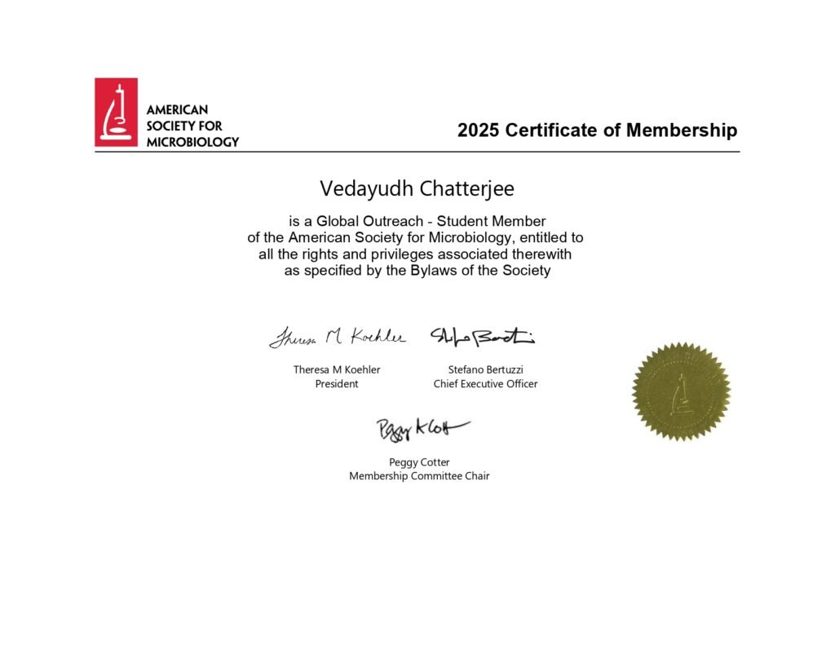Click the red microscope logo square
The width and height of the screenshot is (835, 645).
[116, 113]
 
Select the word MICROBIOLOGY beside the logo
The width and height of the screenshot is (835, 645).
[192, 142]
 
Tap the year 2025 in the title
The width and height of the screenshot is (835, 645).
[479, 130]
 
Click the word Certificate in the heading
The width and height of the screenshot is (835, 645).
[549, 130]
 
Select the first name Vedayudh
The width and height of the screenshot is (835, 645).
[366, 188]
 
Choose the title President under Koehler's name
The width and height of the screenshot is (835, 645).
[337, 384]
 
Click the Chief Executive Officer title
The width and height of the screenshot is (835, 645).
[485, 384]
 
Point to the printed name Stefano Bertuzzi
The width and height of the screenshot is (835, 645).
[485, 369]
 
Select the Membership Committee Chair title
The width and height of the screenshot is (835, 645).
[419, 476]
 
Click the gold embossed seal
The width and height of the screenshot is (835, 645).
[681, 392]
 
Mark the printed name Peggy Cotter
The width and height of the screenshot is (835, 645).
[419, 462]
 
